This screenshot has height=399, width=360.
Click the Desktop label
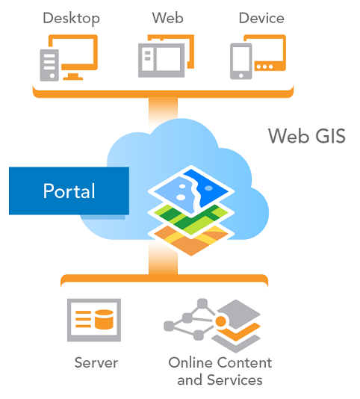click(71, 19)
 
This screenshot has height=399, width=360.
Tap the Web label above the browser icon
click(167, 18)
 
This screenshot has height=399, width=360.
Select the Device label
click(261, 18)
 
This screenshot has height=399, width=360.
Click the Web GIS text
click(307, 136)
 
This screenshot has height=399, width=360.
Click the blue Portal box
click(69, 191)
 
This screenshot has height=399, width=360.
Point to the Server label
click(96, 362)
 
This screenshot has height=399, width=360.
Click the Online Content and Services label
click(220, 371)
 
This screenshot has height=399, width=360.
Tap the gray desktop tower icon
click(49, 65)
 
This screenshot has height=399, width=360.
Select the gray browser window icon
click(161, 61)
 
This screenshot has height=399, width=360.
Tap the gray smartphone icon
click(241, 61)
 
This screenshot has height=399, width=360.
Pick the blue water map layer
click(191, 189)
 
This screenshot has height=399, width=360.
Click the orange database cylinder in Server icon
click(104, 320)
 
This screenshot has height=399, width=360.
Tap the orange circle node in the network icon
click(220, 321)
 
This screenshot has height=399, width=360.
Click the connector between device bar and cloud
click(163, 111)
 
